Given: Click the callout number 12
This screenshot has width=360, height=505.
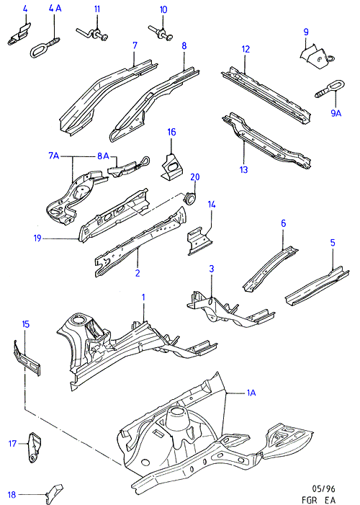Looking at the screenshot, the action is [x=246, y=49].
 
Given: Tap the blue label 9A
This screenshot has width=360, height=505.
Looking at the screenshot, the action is [x=336, y=113].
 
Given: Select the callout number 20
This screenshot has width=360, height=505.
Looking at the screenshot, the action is [x=195, y=176].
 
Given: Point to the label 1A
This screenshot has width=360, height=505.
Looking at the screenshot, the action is [x=251, y=393].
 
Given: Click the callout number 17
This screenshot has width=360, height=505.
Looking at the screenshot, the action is [x=12, y=444].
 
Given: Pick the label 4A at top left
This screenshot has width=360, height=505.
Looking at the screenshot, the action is [x=55, y=8].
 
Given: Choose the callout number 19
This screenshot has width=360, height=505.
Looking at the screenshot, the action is [x=37, y=238].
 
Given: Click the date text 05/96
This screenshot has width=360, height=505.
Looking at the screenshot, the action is [x=323, y=488].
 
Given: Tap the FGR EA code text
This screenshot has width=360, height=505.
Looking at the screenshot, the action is [x=318, y=499].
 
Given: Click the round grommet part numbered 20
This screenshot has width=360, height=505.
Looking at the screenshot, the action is [x=190, y=197].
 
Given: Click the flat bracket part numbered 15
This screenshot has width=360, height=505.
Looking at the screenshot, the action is [x=27, y=358].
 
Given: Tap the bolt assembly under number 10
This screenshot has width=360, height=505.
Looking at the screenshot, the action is [x=161, y=33].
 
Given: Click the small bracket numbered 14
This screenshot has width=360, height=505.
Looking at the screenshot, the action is [x=200, y=241].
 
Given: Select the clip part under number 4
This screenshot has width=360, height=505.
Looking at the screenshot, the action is [x=19, y=34].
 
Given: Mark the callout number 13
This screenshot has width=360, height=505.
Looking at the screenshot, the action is [x=244, y=169].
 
